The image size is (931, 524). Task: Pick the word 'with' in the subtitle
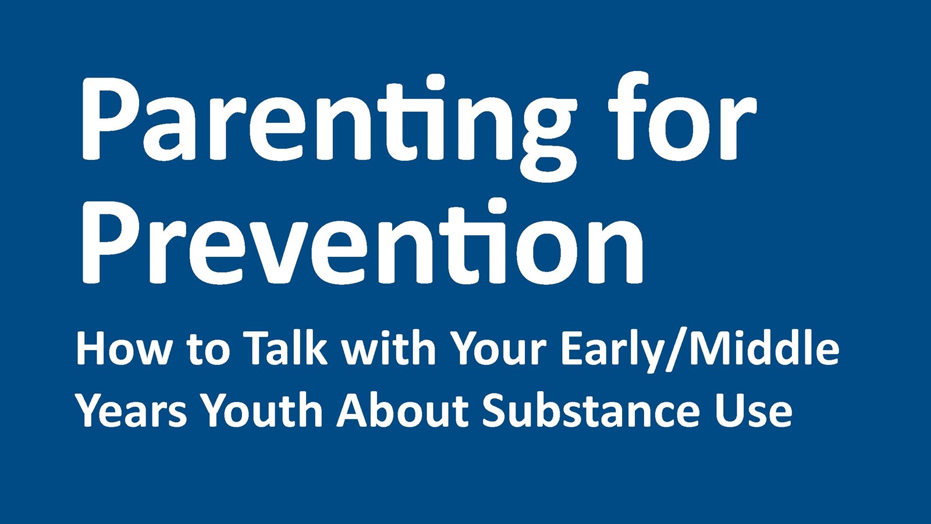(x=388, y=349)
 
